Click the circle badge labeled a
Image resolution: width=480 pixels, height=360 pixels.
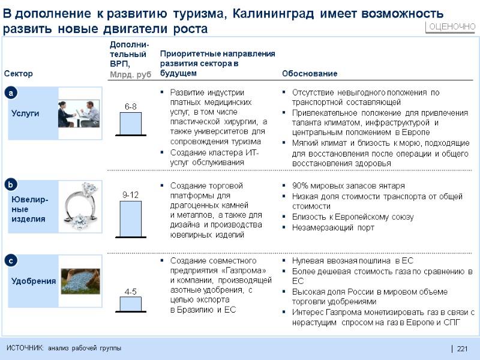tap(11, 93)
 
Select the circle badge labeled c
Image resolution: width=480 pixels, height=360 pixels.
tap(11, 260)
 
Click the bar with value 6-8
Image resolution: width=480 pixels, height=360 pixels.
tap(130, 124)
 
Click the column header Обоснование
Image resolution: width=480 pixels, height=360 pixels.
tap(310, 74)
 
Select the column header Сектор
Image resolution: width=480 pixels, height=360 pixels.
tap(19, 74)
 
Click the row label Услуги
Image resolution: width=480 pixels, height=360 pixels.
tap(25, 113)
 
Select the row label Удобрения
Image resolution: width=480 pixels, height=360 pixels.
tap(32, 281)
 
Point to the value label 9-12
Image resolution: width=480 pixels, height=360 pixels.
tap(130, 194)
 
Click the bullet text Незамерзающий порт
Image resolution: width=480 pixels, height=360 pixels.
tap(333, 227)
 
